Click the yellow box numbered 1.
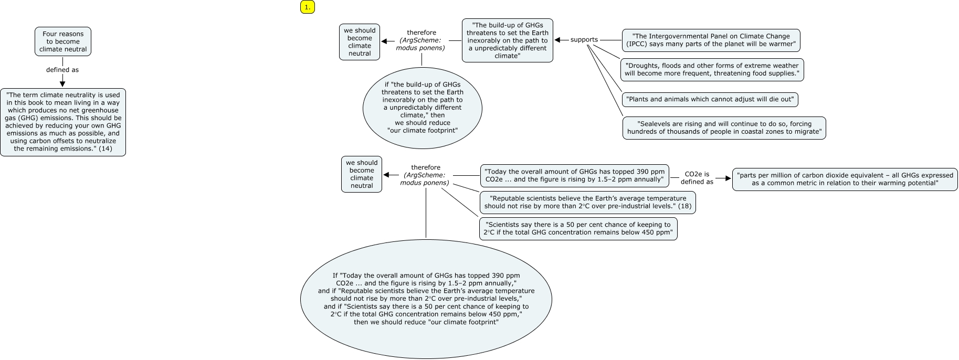(x=308, y=7)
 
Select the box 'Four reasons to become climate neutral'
(x=63, y=41)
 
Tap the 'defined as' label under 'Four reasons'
(x=62, y=70)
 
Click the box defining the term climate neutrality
(x=63, y=122)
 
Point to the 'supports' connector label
(x=584, y=40)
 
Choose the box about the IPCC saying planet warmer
(x=711, y=40)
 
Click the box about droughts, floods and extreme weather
(x=712, y=69)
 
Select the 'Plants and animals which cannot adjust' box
(x=710, y=99)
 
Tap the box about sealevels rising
(x=724, y=128)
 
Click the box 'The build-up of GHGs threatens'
(x=507, y=40)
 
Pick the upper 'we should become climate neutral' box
(x=360, y=42)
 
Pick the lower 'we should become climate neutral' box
(x=362, y=174)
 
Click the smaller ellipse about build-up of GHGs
(x=422, y=108)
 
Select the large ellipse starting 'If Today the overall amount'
(x=426, y=299)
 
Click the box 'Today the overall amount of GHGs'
(x=574, y=175)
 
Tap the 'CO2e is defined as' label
(x=697, y=178)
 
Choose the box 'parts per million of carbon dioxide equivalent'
(x=845, y=179)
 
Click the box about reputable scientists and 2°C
(x=587, y=202)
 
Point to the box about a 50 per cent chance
(x=578, y=229)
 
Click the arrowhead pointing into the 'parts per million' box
(x=728, y=178)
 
